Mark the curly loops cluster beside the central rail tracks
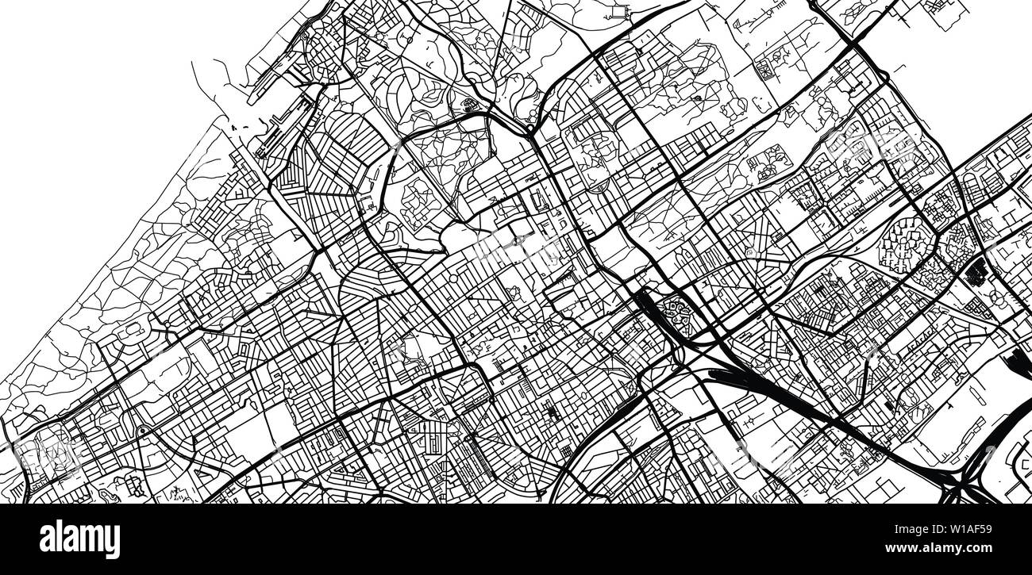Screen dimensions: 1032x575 [676, 309]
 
